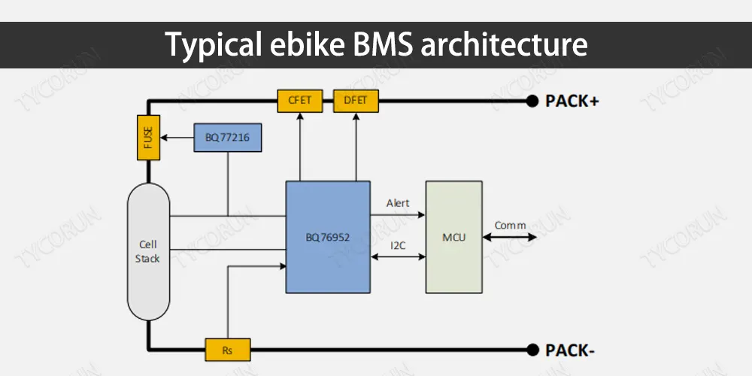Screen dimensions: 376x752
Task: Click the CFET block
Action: pyautogui.click(x=299, y=100)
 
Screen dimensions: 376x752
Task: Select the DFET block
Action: pyautogui.click(x=356, y=100)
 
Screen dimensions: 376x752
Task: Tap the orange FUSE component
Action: pyautogui.click(x=147, y=138)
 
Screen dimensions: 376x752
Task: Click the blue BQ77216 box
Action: pyautogui.click(x=228, y=138)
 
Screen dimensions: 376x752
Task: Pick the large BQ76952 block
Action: pyautogui.click(x=328, y=237)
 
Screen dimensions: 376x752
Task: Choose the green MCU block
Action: pyautogui.click(x=454, y=237)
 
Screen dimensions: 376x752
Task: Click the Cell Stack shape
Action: pyautogui.click(x=149, y=251)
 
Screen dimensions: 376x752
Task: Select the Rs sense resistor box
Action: pyautogui.click(x=227, y=350)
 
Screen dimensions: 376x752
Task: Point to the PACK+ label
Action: pyautogui.click(x=572, y=101)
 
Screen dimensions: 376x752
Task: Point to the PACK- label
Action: pyautogui.click(x=569, y=350)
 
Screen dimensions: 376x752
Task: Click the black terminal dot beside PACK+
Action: pyautogui.click(x=532, y=101)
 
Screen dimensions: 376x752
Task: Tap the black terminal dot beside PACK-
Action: pyautogui.click(x=532, y=350)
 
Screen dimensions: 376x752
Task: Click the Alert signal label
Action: pyautogui.click(x=398, y=203)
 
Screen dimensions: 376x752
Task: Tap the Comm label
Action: pyautogui.click(x=510, y=225)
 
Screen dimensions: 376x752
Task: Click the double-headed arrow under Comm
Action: pyautogui.click(x=510, y=238)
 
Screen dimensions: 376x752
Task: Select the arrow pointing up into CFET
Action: pyautogui.click(x=299, y=147)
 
